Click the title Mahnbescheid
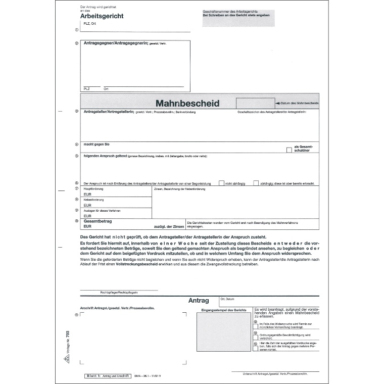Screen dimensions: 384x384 pyautogui.click(x=187, y=103)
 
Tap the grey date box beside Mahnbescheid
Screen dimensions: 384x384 pyautogui.click(x=255, y=103)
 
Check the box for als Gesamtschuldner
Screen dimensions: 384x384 pyautogui.click(x=289, y=150)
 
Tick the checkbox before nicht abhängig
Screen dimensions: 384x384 pyautogui.click(x=221, y=183)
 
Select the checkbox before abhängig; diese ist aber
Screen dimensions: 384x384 pyautogui.click(x=256, y=183)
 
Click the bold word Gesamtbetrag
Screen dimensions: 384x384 pyautogui.click(x=98, y=221)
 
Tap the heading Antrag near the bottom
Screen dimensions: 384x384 pyautogui.click(x=198, y=300)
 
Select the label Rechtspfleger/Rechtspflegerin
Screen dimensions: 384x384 pyautogui.click(x=119, y=292)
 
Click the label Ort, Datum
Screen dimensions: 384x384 pyautogui.click(x=227, y=299)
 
